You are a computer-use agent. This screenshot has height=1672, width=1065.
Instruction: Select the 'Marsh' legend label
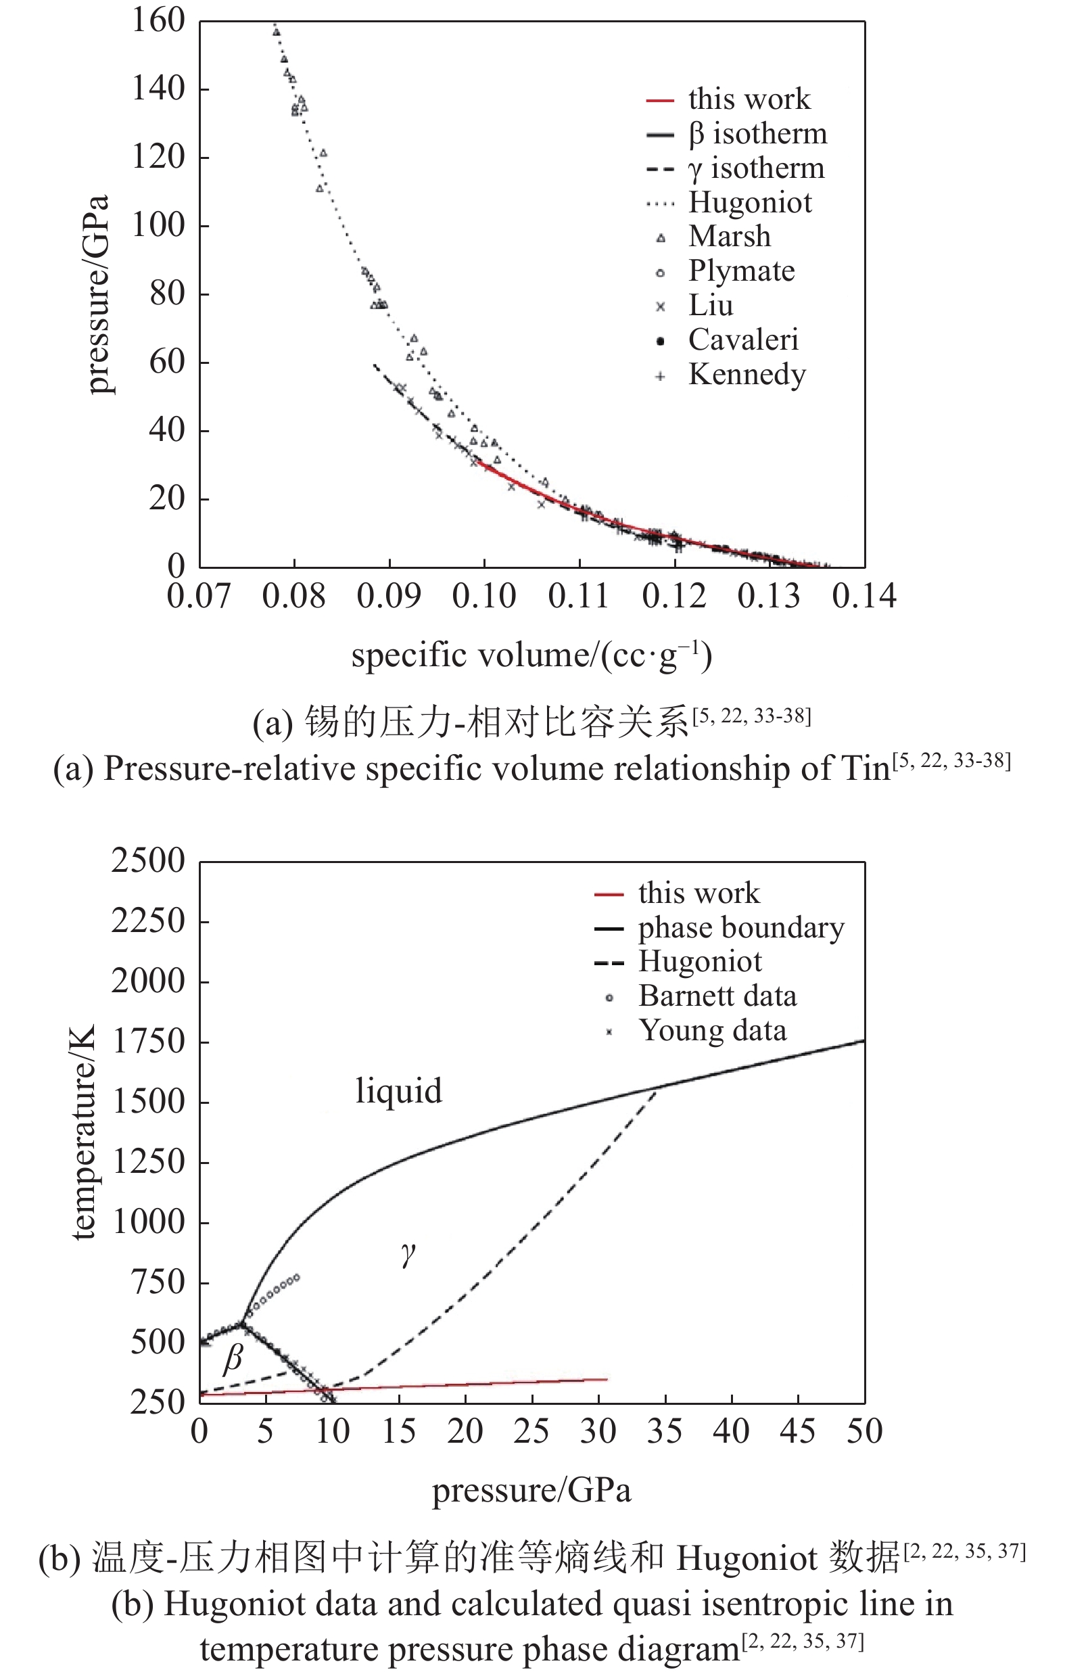(x=729, y=237)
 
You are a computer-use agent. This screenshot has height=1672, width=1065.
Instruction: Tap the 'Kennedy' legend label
(x=747, y=374)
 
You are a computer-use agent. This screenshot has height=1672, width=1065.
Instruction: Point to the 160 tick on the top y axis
(x=158, y=20)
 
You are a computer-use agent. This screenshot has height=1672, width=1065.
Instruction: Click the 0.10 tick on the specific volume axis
(x=484, y=597)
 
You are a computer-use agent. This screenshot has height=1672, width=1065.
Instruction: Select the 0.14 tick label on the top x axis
(x=864, y=597)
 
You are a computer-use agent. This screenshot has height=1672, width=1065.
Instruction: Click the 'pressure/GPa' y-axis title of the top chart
(x=97, y=294)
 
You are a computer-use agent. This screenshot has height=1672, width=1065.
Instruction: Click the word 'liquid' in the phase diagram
(x=398, y=1091)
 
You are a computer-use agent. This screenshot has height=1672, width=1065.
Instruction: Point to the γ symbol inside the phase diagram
(x=408, y=1253)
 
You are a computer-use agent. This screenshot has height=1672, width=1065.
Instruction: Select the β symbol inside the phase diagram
(x=233, y=1358)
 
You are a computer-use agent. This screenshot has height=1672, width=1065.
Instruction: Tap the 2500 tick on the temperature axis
(x=148, y=861)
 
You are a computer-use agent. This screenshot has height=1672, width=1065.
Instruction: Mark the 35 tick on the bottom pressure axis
(x=665, y=1432)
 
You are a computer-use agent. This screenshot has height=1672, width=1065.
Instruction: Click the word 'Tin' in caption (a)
(x=865, y=769)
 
